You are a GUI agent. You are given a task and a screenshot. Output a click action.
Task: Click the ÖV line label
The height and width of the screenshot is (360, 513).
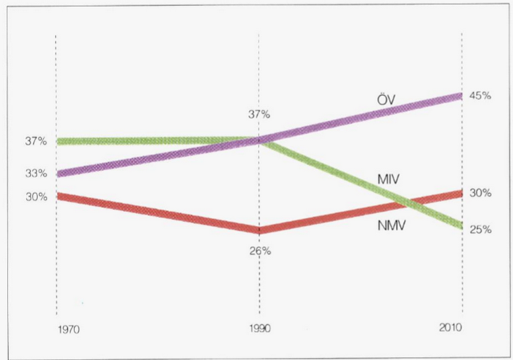coord(385,100)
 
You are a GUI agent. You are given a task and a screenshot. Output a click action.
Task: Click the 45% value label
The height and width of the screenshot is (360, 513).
coord(481,96)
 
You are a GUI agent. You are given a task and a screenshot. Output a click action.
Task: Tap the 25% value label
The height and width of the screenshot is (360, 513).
coord(481,229)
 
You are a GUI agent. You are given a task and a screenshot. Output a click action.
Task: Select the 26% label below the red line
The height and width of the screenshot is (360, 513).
coord(260,251)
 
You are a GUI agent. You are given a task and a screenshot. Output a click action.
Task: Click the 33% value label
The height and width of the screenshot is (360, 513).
coord(36,173)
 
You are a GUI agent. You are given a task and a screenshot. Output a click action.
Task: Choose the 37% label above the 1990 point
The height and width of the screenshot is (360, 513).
coord(259,114)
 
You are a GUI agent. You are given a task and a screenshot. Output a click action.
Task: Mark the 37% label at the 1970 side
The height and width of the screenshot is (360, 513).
coord(36,141)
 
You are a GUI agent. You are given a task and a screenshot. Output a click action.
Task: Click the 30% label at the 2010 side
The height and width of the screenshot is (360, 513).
coord(481,192)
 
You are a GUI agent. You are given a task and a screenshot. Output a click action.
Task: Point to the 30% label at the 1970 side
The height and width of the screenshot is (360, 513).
coord(36,196)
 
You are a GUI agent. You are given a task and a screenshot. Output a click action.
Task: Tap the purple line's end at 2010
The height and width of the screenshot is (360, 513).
coord(460,96)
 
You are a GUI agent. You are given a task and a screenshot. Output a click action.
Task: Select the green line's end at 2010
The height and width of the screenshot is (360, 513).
coord(460,225)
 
